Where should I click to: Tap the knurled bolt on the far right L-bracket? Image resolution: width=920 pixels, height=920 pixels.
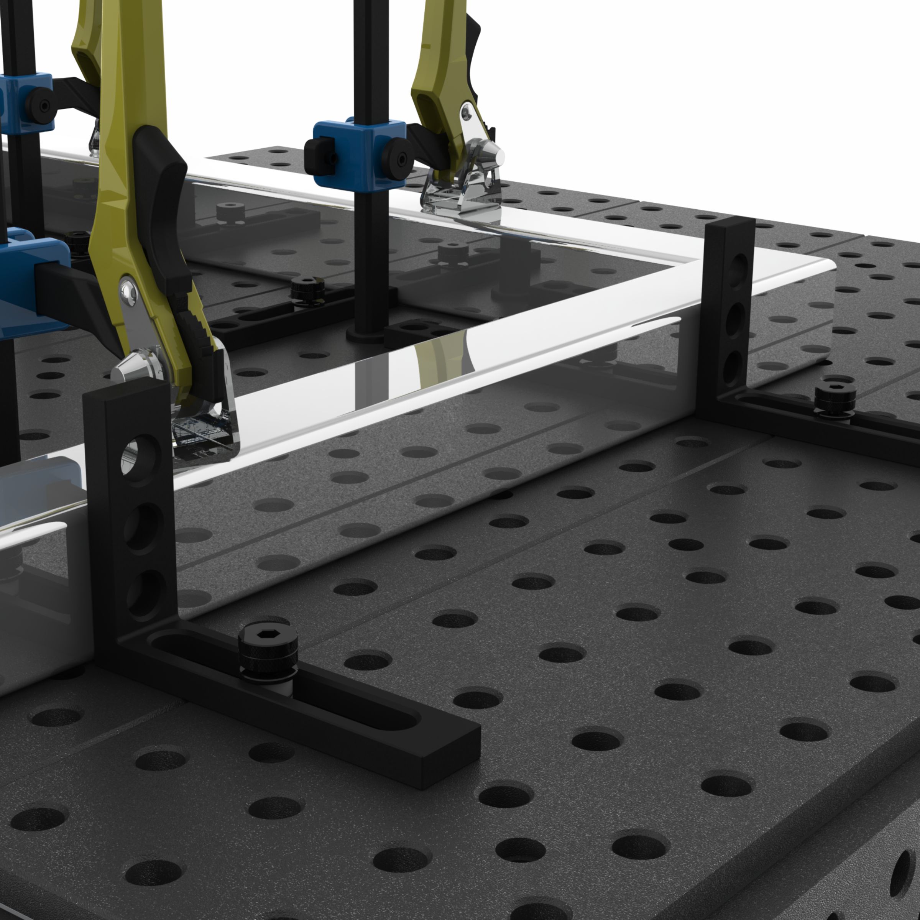tap(835, 401)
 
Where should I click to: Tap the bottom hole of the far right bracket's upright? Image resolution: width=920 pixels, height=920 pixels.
tap(734, 366)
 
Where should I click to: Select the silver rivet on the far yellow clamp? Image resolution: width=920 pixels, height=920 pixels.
tap(466, 112)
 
